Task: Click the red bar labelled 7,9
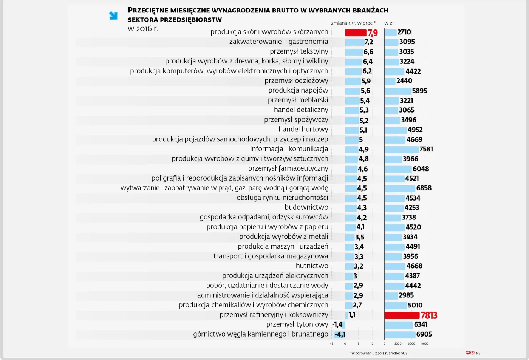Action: point(356,33)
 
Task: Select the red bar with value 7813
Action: point(402,315)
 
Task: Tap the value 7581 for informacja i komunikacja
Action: point(426,149)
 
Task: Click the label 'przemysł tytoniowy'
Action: point(297,324)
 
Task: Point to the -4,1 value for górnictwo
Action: point(340,334)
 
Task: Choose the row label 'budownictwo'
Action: point(306,207)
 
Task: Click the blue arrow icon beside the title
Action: point(113,16)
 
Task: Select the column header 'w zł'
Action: point(389,23)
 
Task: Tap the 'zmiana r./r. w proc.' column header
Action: point(353,23)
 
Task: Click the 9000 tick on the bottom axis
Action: point(425,344)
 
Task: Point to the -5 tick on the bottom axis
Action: point(331,344)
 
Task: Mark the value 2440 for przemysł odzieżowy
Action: point(404,81)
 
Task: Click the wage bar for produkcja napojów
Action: point(398,91)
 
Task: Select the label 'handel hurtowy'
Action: point(303,130)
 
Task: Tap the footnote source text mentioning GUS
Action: point(379,354)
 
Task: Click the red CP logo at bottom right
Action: point(470,353)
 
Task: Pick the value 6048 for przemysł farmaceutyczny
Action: point(421,169)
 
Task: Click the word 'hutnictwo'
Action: point(312,266)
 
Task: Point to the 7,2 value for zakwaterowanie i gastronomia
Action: point(369,42)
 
